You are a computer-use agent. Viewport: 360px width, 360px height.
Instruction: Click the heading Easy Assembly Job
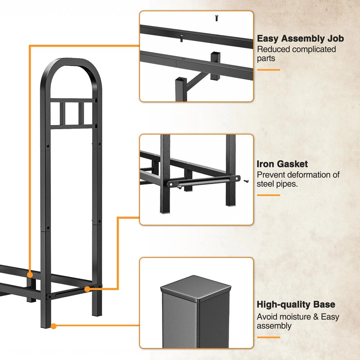300,39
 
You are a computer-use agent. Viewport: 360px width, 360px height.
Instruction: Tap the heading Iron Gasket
282,164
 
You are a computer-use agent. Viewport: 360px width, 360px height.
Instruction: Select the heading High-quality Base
296,305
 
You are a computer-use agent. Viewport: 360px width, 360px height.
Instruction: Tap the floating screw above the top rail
216,18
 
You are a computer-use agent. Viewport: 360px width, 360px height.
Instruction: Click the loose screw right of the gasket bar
246,181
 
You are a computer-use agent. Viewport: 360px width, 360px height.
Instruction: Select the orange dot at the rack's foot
54,326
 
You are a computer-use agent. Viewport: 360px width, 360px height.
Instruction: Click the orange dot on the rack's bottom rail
30,275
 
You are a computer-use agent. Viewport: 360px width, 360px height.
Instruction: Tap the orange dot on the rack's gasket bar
87,289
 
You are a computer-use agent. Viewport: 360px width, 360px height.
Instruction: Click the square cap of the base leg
196,288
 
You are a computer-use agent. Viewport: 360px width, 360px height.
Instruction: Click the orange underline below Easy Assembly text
268,70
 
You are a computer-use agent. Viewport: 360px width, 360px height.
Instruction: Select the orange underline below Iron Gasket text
268,195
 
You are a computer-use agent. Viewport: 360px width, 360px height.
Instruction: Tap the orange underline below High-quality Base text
268,337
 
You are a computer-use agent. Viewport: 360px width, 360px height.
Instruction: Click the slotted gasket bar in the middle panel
203,181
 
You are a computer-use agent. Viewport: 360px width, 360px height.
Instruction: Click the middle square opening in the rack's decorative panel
72,113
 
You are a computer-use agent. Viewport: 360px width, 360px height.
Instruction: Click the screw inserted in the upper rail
181,38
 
